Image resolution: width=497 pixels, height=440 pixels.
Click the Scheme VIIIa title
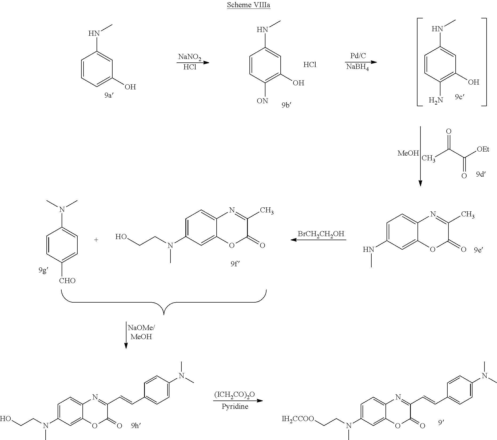pyautogui.click(x=248, y=5)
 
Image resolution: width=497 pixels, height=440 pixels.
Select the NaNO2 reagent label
pyautogui.click(x=190, y=57)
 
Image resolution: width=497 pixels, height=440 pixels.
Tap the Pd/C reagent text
pyautogui.click(x=358, y=56)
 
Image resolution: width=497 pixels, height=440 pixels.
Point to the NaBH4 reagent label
pyautogui.click(x=357, y=67)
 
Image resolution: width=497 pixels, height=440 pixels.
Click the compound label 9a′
pyautogui.click(x=109, y=95)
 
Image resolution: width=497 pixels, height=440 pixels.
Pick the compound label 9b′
pyautogui.click(x=286, y=105)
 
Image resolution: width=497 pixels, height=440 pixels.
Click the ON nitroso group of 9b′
pyautogui.click(x=262, y=101)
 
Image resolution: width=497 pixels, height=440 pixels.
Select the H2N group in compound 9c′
pyautogui.click(x=436, y=100)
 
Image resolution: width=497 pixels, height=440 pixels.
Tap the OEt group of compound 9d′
pyautogui.click(x=483, y=149)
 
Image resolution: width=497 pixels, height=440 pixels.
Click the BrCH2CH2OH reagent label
pyautogui.click(x=321, y=234)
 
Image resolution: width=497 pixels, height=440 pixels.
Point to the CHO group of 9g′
pyautogui.click(x=67, y=281)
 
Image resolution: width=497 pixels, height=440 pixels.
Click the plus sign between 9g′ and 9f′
pyautogui.click(x=96, y=240)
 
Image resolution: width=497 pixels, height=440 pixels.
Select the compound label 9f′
pyautogui.click(x=235, y=264)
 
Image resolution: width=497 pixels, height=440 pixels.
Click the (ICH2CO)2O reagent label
pyautogui.click(x=234, y=394)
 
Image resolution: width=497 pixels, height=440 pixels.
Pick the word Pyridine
pyautogui.click(x=235, y=406)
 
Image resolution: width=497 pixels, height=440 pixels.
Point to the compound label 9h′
pyautogui.click(x=136, y=426)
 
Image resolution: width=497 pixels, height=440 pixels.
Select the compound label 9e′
pyautogui.click(x=479, y=250)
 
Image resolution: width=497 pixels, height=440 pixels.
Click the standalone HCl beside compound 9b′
pyautogui.click(x=310, y=65)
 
